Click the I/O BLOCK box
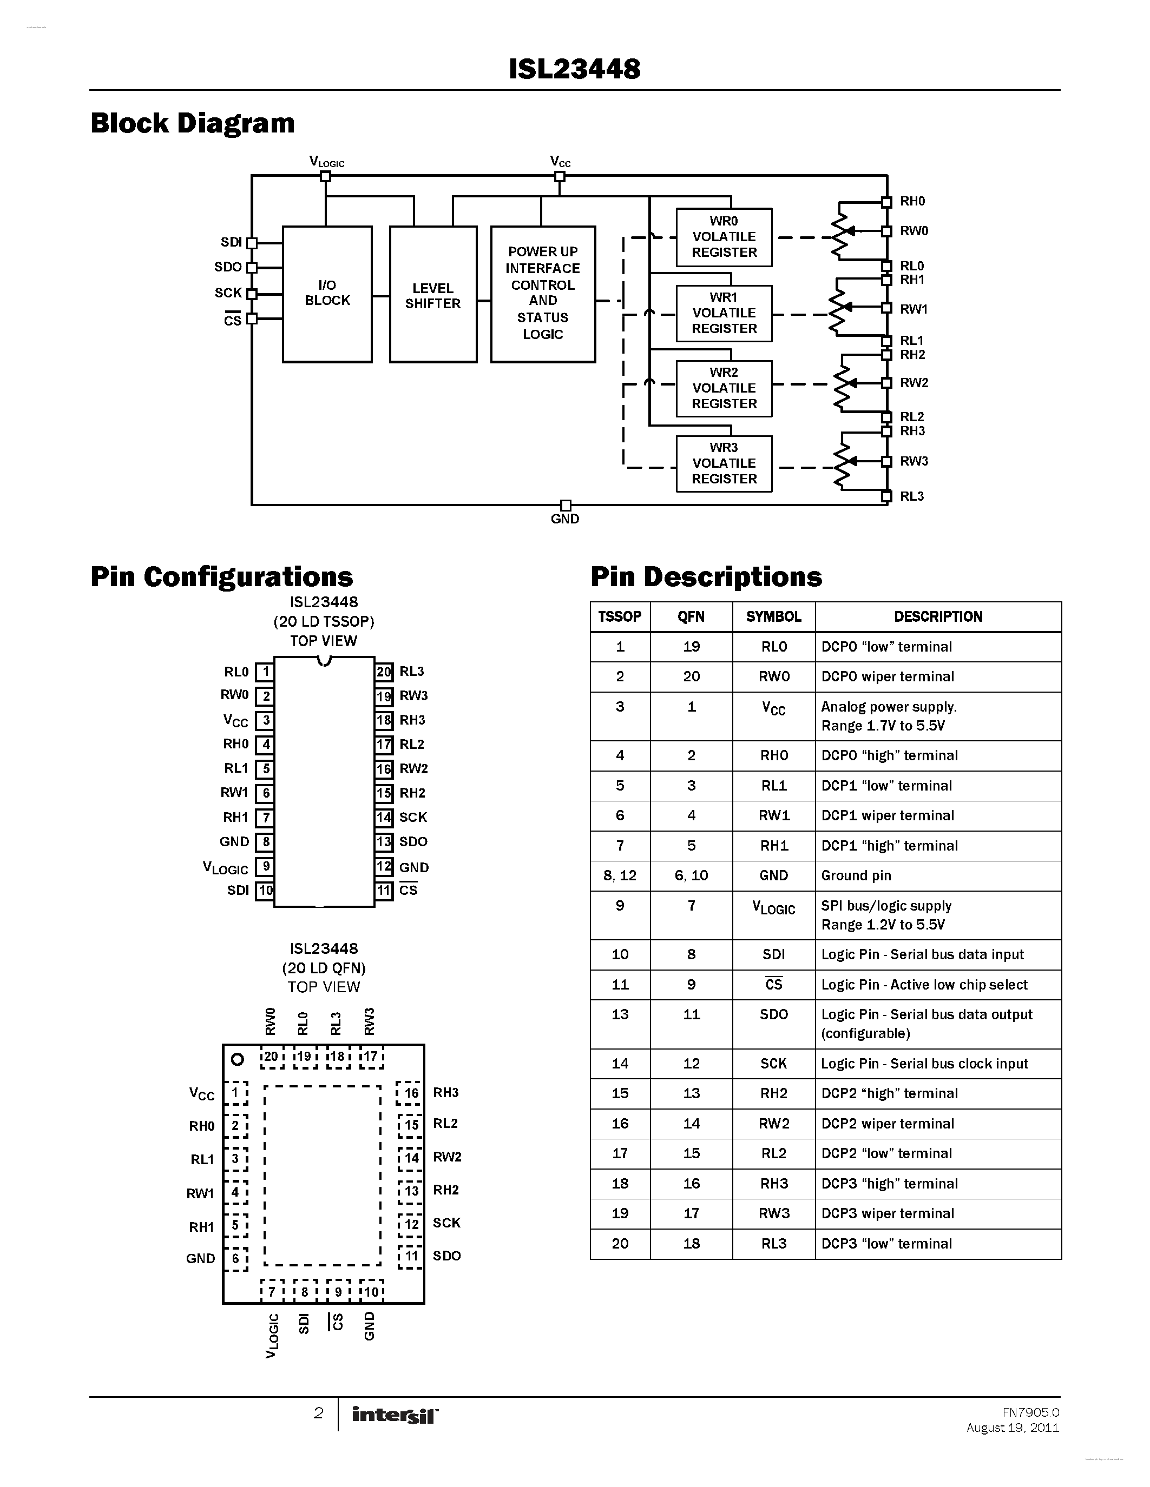[x=327, y=294]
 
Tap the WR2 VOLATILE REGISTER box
[x=724, y=388]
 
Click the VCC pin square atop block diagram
[x=560, y=176]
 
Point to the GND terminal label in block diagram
[x=565, y=519]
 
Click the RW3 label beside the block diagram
[x=914, y=461]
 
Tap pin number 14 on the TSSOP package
[x=384, y=817]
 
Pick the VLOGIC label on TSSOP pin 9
[x=226, y=867]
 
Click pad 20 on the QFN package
[x=271, y=1057]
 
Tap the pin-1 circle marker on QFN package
[x=237, y=1059]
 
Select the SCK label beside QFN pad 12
[x=446, y=1222]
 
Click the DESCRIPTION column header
[x=937, y=617]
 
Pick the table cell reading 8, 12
[x=620, y=875]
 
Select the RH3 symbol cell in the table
[x=773, y=1183]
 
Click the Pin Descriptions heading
[x=706, y=577]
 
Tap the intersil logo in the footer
[x=395, y=1415]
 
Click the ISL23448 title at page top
[x=574, y=69]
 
